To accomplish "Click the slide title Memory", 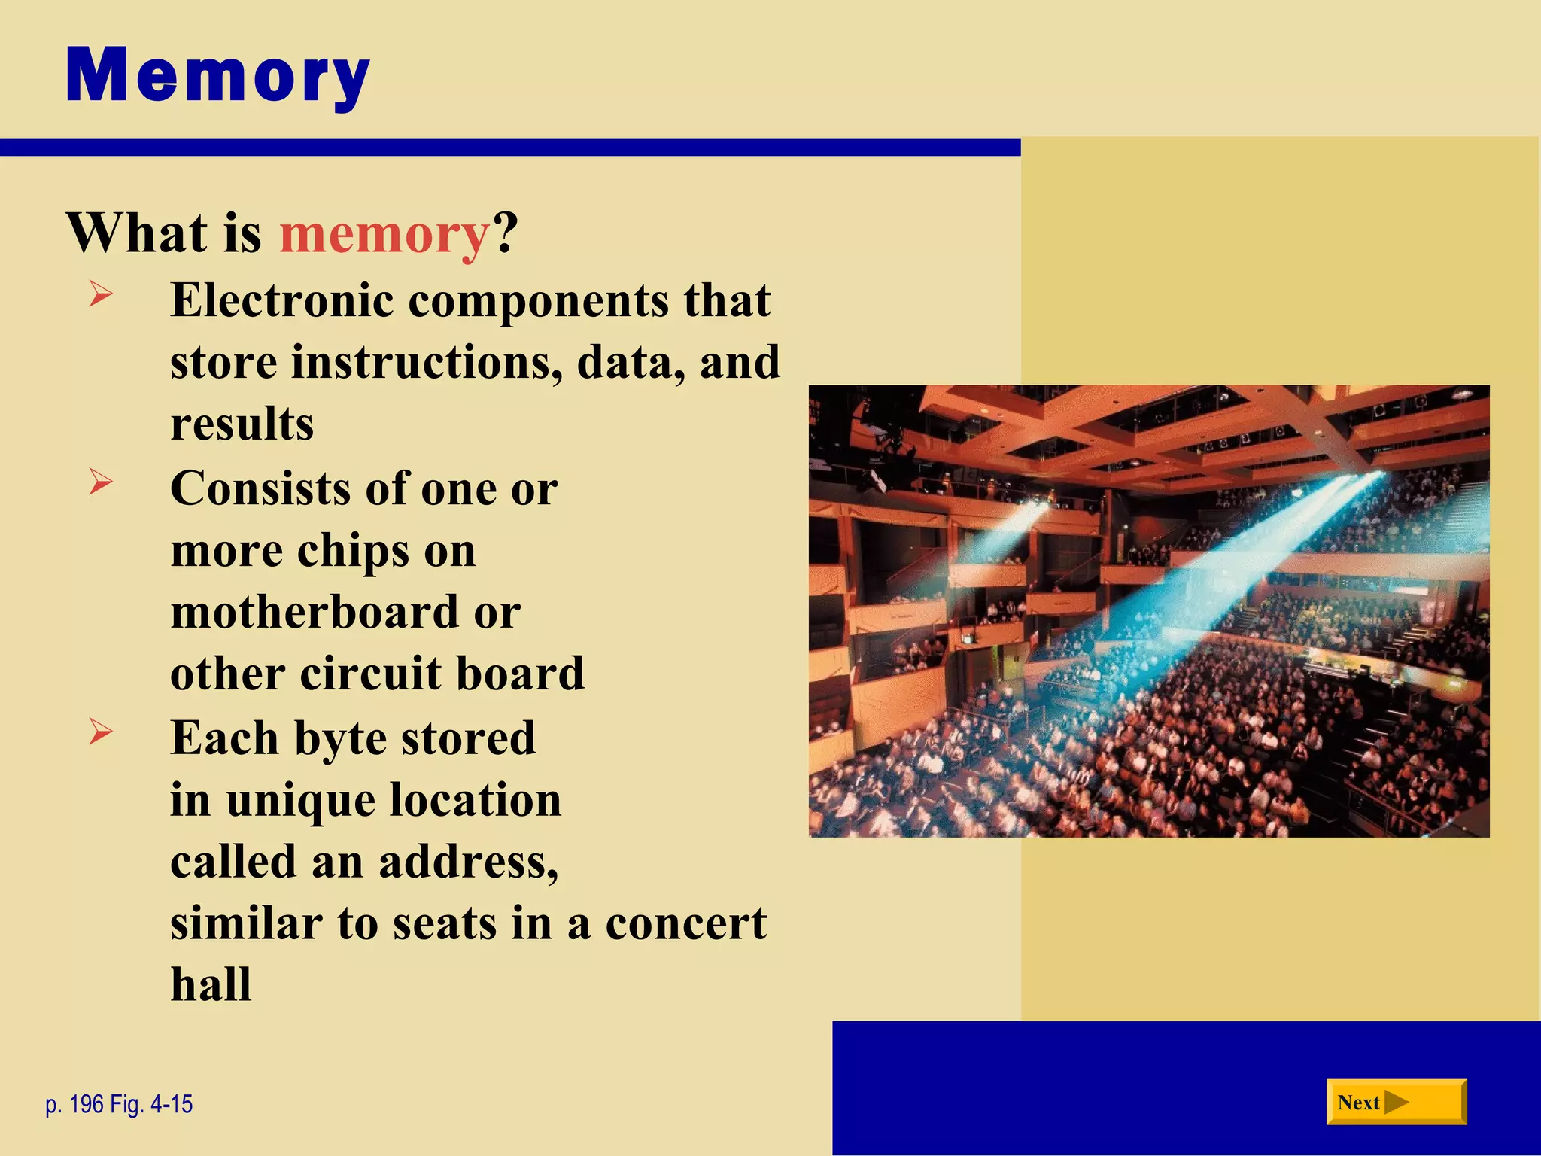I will pos(217,76).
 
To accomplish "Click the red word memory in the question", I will pos(384,233).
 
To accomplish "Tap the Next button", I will pos(1396,1102).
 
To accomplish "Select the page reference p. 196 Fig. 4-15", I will pos(119,1104).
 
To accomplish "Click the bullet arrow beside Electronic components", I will pos(100,294).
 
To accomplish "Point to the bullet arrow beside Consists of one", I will pos(100,482).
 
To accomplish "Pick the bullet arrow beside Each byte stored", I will pos(100,731).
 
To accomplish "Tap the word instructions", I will pos(426,362).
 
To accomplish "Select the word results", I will pos(242,424).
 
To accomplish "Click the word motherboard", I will pos(315,611).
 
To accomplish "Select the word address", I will pos(468,862).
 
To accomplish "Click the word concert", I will pos(685,923).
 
